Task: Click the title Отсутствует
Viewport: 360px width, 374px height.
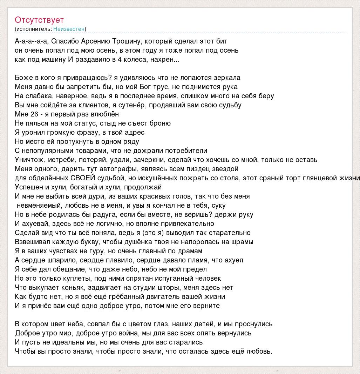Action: (39, 20)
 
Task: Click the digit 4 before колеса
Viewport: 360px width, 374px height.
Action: (120, 59)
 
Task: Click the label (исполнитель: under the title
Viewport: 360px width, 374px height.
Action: (34, 29)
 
